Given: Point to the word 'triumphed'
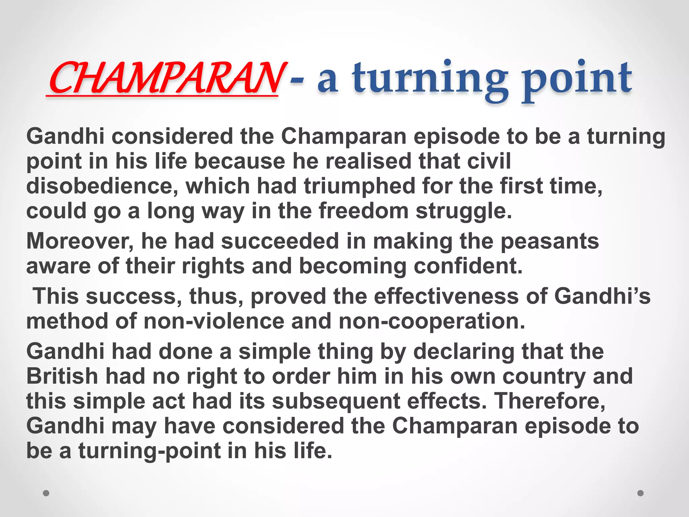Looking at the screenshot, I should pyautogui.click(x=359, y=186).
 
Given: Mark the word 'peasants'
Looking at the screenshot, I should pyautogui.click(x=550, y=241).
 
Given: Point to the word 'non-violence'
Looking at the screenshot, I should pyautogui.click(x=214, y=321).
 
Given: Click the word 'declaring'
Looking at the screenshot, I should pyautogui.click(x=464, y=351).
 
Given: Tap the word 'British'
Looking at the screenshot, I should pyautogui.click(x=62, y=376).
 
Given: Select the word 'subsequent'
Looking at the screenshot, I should pyautogui.click(x=336, y=401).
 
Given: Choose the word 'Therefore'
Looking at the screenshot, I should pyautogui.click(x=549, y=401).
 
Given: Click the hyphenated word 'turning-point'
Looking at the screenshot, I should pyautogui.click(x=150, y=451).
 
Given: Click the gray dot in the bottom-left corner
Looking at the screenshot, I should pyautogui.click(x=46, y=493).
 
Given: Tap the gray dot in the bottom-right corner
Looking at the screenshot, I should pyautogui.click(x=641, y=493).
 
